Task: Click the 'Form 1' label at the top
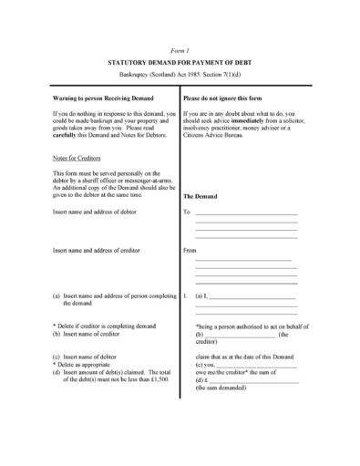(180, 43)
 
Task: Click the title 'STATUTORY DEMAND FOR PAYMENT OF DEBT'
(180, 56)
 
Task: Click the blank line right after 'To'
(246, 213)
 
